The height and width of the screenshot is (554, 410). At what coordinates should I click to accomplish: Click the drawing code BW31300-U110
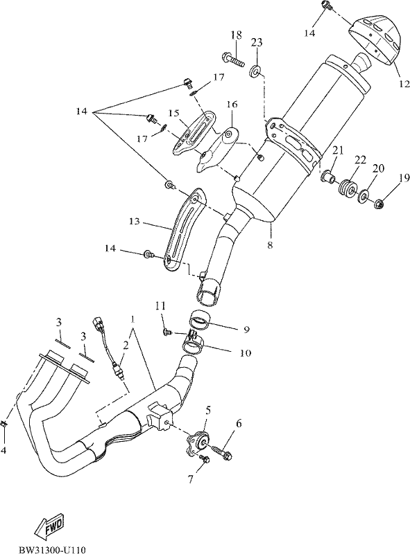[52, 549]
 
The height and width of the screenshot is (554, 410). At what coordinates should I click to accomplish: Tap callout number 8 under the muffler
[270, 245]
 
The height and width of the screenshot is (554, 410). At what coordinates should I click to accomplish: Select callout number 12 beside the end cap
[404, 84]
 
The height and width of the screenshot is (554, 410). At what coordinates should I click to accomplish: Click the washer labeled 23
[255, 71]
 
